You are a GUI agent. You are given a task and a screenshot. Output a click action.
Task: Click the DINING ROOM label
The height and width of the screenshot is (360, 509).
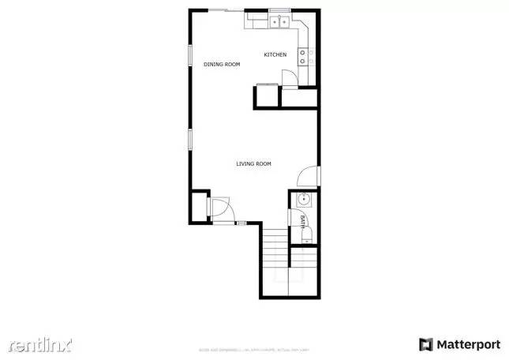(x=222, y=64)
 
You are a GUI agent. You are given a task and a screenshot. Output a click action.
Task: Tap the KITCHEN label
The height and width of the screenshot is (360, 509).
(x=275, y=54)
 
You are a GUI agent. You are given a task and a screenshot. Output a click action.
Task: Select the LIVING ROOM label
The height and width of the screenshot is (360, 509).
(x=253, y=163)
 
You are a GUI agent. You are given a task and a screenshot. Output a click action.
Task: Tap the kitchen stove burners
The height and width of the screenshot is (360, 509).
(x=305, y=56)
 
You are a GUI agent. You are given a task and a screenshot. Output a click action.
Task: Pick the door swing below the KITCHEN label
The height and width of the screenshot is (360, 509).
(x=288, y=76)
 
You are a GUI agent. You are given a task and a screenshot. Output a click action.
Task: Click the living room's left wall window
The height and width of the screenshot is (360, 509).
(x=189, y=139)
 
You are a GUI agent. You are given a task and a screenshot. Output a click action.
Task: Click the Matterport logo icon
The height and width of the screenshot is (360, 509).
(x=426, y=344)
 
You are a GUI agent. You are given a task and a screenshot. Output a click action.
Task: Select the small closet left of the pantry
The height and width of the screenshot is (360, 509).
(x=265, y=97)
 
